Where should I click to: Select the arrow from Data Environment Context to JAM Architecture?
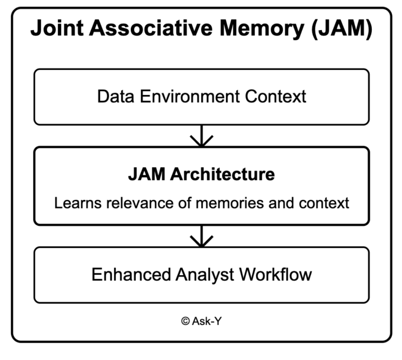coord(201,136)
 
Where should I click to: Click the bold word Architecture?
coord(223,174)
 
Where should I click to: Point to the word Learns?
coord(74,203)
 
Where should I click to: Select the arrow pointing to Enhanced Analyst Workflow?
coord(201,236)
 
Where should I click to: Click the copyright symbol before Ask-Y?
coord(185,322)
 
